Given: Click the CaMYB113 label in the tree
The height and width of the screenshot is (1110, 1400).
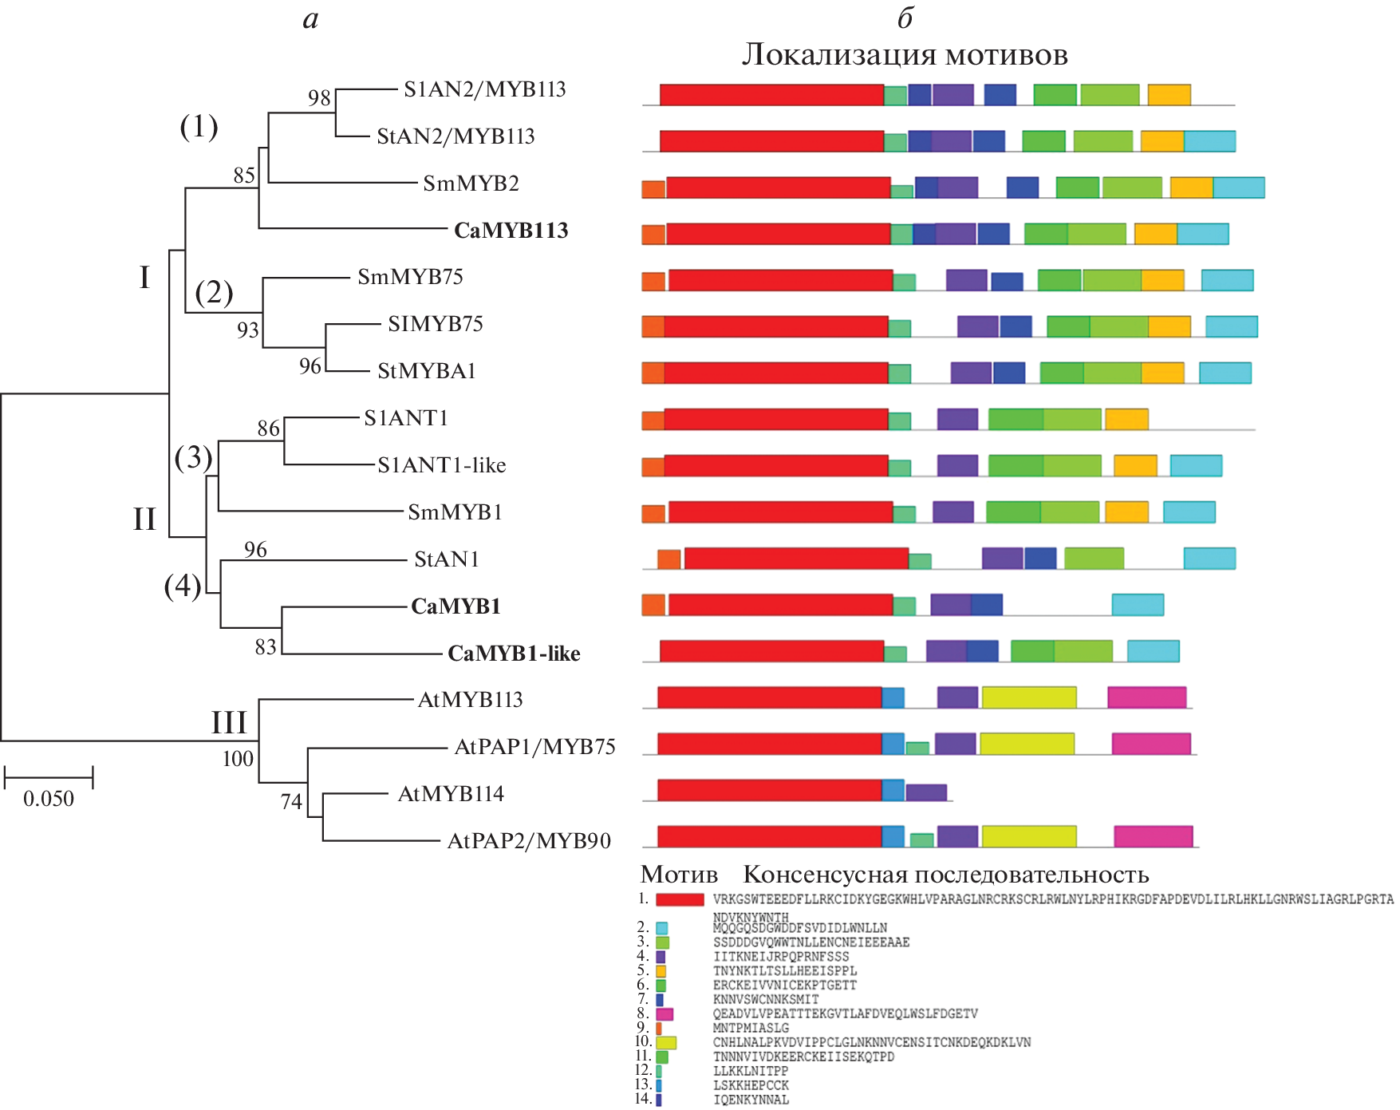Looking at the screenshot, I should pos(511,231).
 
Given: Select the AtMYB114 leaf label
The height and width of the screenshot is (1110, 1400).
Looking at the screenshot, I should pos(451,794).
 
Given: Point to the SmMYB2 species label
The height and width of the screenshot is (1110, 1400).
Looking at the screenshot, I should pos(471,184).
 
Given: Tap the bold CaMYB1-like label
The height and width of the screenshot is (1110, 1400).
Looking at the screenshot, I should pos(514,654).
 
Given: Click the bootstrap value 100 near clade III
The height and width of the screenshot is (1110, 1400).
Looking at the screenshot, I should pos(238,759).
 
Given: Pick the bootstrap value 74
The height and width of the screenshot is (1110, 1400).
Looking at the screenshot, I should pos(291,801).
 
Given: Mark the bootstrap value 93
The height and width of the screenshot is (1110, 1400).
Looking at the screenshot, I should pos(247,330).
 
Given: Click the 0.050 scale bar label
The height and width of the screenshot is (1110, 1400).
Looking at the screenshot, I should pos(49,799).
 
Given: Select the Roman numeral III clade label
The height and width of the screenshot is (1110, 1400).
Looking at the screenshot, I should pos(229,723).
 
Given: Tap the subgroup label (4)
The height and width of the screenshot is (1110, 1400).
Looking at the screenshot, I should pos(183,586).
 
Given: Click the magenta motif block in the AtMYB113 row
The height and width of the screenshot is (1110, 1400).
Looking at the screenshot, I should pos(1146,697).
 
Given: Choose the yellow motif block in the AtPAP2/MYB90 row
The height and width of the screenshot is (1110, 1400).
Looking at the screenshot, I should pos(1028,836).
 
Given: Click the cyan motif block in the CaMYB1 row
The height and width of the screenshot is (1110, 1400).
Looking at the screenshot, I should pos(1138,605).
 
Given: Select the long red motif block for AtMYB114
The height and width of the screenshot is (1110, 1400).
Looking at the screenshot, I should pos(769,790).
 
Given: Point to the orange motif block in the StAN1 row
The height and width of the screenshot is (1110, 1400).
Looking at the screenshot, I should pos(668,559).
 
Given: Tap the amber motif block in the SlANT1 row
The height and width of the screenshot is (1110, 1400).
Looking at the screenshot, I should pos(1126,419).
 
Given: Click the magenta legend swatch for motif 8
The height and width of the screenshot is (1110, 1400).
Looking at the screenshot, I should pos(665,1014).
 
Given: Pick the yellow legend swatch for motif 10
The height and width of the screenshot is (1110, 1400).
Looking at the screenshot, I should pos(666,1042).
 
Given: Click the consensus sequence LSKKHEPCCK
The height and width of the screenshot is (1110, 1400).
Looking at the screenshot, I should pos(751,1085).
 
